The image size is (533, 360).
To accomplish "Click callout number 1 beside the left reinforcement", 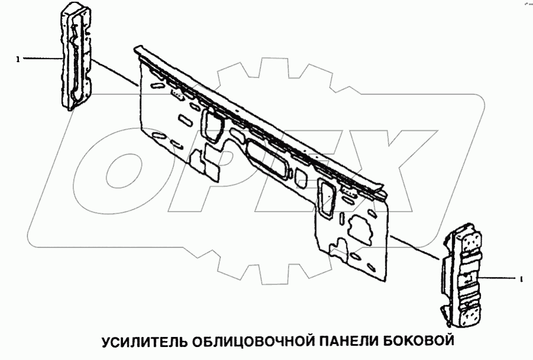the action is click(18, 59).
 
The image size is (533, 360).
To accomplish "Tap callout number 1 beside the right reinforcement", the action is click(520, 277).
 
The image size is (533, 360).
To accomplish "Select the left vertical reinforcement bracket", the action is click(75, 56).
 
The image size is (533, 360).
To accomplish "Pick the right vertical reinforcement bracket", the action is click(463, 275).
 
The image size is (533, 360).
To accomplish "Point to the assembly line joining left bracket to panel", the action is click(115, 73).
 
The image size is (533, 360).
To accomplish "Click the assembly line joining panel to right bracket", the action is click(414, 247).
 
